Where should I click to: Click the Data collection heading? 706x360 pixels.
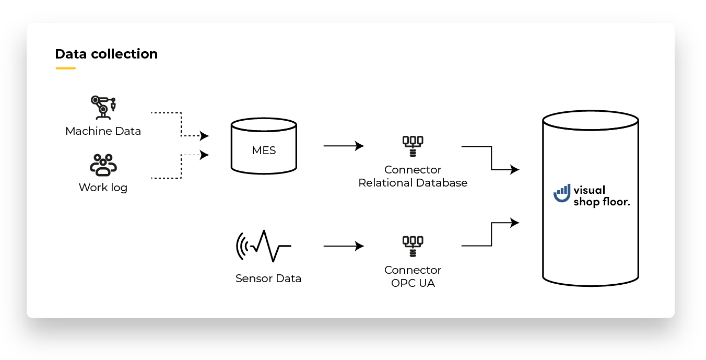click(106, 54)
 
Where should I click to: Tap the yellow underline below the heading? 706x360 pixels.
click(65, 68)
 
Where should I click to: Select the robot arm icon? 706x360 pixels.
click(103, 108)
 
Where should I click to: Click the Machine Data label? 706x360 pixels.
click(103, 131)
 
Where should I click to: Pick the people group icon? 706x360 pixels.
click(103, 165)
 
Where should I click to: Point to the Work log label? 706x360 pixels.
click(103, 187)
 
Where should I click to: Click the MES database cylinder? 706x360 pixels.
click(264, 146)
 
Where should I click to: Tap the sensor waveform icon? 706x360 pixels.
click(264, 246)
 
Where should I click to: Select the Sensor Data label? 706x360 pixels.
click(268, 278)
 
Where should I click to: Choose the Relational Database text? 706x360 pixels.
click(413, 183)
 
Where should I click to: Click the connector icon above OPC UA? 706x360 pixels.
click(413, 246)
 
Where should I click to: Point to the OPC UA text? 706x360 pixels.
click(413, 284)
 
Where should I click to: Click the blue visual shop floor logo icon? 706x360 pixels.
click(562, 194)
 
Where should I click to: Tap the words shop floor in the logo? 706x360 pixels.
click(602, 202)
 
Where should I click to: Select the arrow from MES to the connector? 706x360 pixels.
click(344, 146)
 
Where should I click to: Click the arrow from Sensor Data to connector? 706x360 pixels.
click(344, 246)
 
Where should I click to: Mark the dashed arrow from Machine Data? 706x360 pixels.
click(181, 125)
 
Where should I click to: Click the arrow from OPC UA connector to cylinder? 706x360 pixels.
click(491, 233)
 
